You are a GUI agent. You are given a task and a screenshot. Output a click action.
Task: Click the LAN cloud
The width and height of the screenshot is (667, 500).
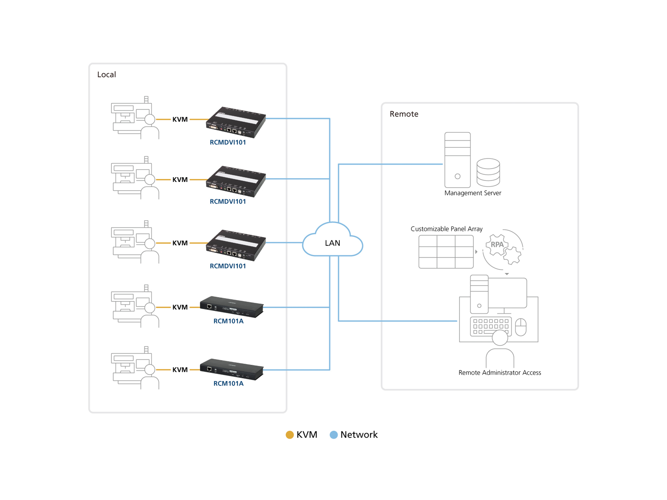[332, 243]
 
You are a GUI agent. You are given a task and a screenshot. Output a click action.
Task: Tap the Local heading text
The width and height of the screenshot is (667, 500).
[106, 74]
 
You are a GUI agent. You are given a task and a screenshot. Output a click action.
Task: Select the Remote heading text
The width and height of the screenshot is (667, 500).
[404, 114]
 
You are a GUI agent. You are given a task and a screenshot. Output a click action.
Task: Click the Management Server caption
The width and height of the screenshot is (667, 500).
[473, 193]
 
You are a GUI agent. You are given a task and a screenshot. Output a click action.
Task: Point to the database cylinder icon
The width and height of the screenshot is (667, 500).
[488, 172]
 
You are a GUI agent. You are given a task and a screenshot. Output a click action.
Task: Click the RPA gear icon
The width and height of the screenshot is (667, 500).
[497, 245]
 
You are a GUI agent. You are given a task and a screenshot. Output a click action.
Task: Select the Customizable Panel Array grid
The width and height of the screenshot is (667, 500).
[446, 252]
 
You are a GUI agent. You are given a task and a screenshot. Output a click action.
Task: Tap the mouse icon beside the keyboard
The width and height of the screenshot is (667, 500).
[521, 327]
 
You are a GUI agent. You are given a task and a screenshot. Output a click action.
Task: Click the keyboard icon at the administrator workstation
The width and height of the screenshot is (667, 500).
[491, 326]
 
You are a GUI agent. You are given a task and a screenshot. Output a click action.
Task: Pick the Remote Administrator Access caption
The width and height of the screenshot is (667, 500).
[500, 373]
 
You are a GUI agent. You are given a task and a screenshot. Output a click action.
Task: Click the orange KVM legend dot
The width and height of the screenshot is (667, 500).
[289, 435]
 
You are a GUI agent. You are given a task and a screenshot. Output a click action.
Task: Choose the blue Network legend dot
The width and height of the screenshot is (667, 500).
[333, 435]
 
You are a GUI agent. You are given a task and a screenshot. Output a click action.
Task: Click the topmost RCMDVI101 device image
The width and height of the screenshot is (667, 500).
[236, 122]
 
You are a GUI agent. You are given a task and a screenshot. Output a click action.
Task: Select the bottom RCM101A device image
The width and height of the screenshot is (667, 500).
[232, 369]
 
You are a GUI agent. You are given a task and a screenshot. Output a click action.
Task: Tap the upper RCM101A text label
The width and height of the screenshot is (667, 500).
[228, 321]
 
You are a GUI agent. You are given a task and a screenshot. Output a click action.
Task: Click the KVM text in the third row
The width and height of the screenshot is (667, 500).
[180, 243]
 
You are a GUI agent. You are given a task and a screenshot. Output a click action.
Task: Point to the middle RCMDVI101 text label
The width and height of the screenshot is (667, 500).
[228, 202]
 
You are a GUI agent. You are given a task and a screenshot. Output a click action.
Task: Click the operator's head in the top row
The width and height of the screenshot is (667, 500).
[150, 119]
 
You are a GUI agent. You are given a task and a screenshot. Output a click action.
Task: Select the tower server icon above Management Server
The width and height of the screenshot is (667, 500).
[457, 160]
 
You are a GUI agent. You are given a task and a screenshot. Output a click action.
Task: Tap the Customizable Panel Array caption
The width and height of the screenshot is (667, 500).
[446, 229]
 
